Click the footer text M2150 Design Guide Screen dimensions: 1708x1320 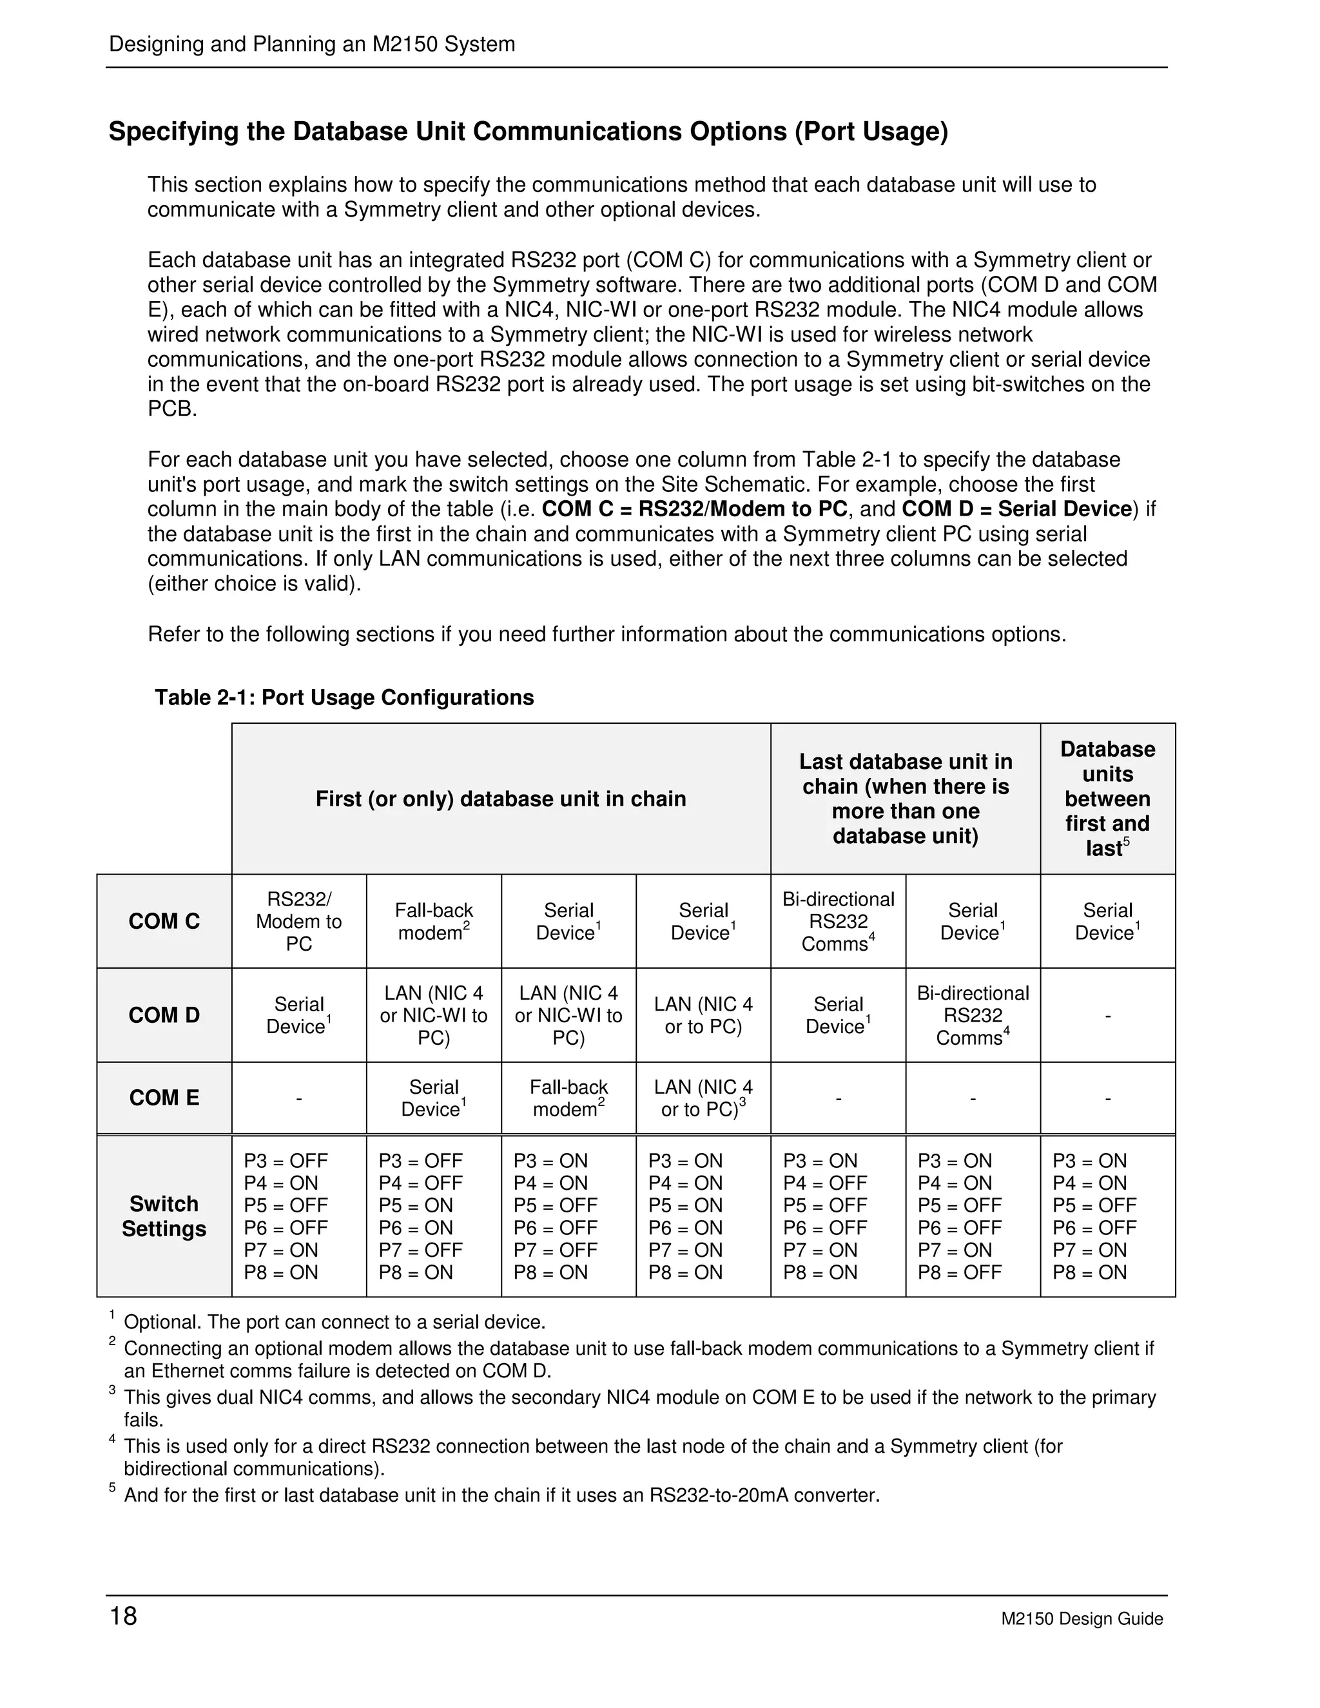tap(1082, 1619)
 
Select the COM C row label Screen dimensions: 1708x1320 tap(164, 921)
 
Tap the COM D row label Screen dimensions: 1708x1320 tap(164, 1015)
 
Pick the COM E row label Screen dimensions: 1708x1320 tap(164, 1098)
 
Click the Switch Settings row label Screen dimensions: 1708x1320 tap(164, 1216)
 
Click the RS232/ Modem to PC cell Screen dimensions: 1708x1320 tap(298, 921)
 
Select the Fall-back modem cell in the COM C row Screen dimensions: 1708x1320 tap(433, 921)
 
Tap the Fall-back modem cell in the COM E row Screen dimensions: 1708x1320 tap(568, 1098)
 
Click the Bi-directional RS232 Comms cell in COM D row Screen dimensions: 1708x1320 tap(973, 1015)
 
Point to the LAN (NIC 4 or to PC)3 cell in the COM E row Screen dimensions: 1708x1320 tap(703, 1098)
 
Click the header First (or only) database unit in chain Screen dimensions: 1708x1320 tap(500, 799)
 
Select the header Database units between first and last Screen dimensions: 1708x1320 tap(1107, 799)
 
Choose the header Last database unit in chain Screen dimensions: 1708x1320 tap(906, 799)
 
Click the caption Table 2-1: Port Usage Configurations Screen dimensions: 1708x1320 tap(344, 697)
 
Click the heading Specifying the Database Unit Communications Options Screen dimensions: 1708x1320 tap(528, 131)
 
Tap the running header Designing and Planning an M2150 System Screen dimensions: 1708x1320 tap(312, 44)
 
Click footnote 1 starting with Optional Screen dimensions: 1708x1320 tap(334, 1323)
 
